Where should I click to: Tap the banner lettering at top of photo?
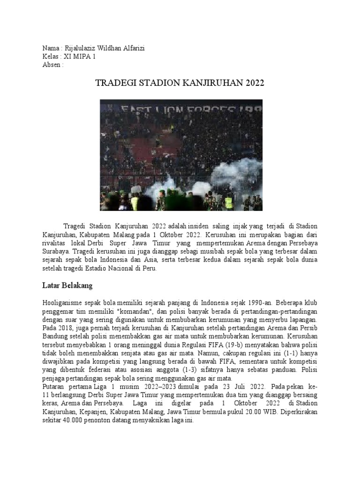tap(181, 109)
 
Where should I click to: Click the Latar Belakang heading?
tap(68, 285)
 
